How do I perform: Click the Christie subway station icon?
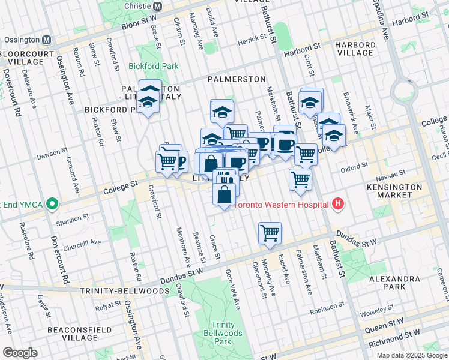point(157,6)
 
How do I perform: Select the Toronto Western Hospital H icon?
point(338,205)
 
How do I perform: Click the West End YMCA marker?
point(52,204)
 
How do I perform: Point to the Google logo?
point(20,352)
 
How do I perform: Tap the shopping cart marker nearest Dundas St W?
point(270,233)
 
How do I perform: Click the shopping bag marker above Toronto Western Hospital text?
point(224,194)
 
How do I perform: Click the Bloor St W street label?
point(139,22)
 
